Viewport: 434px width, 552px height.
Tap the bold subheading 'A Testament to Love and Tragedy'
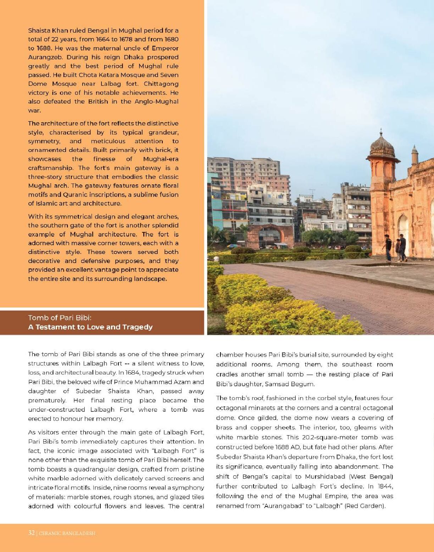90,327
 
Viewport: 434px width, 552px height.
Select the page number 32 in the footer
31,533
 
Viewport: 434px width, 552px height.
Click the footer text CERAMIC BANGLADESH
67,534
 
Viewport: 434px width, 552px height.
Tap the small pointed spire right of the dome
414,154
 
